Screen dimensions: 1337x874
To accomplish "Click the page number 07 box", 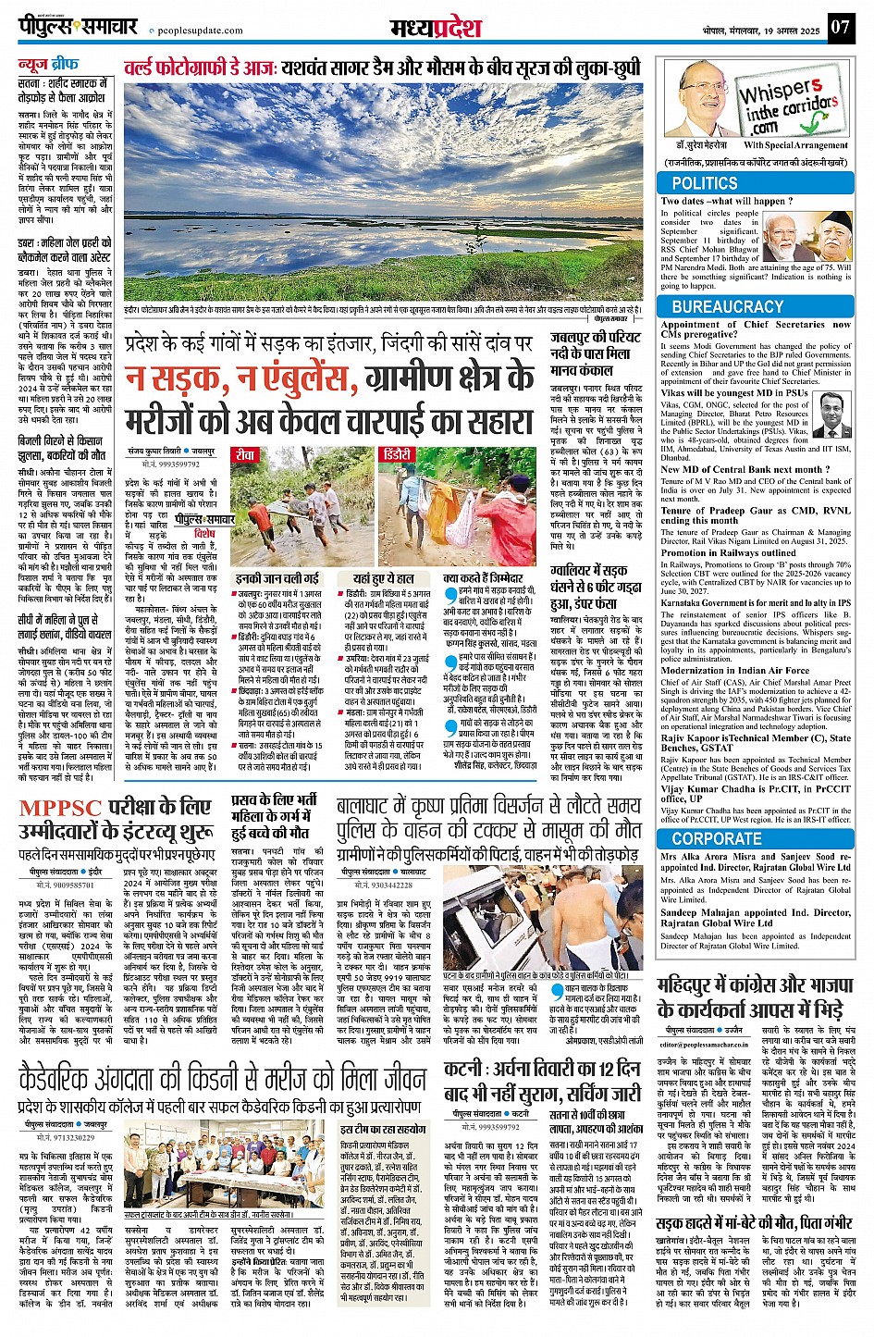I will click(x=839, y=27).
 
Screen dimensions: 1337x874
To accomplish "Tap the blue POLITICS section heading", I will click(x=705, y=183).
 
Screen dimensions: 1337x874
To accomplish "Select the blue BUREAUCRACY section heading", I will click(x=728, y=306).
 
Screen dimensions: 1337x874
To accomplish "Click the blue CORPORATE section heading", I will click(x=717, y=839).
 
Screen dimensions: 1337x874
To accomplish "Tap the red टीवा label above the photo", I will click(x=245, y=455).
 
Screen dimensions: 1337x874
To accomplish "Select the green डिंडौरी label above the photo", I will click(x=398, y=455).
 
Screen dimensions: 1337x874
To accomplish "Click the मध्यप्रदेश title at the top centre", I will click(x=437, y=26).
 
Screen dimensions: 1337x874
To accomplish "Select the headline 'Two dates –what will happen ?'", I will click(x=726, y=201).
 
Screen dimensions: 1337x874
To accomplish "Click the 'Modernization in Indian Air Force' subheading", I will click(x=735, y=672).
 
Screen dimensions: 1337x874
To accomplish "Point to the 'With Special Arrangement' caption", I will click(x=795, y=145).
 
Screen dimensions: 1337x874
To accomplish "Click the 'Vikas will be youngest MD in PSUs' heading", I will click(x=734, y=393).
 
